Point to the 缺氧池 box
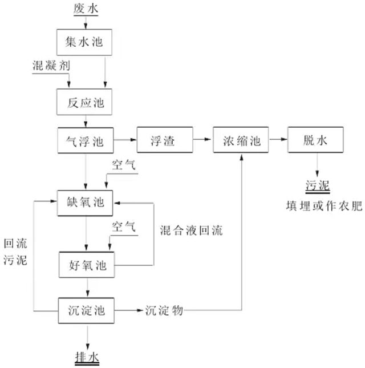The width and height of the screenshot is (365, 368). coord(86,201)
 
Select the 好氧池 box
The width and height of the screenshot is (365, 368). coord(86,264)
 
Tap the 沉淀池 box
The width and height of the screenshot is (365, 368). coord(86,311)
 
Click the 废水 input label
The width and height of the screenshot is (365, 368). coord(86,8)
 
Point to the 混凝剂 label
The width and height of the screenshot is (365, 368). coord(51,66)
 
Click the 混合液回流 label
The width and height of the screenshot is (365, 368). coord(191,231)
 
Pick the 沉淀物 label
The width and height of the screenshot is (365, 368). coord(164,311)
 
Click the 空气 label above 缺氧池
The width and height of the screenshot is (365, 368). coord(124,166)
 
